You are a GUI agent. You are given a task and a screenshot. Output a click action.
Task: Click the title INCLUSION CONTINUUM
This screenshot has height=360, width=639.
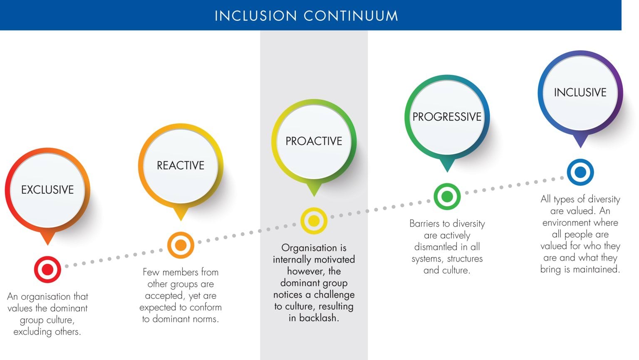pos(306,16)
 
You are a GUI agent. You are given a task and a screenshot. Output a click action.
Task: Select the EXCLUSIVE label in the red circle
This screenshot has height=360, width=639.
pos(47,190)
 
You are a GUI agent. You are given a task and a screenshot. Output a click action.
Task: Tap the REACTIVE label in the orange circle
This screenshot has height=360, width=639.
pos(181,165)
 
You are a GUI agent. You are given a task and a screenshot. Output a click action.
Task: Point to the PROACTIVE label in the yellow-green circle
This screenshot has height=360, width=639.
pos(314,141)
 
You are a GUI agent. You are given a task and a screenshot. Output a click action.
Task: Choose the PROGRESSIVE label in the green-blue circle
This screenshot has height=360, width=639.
pos(447,117)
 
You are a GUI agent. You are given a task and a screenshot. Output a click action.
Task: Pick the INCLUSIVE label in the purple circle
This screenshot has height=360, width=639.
pos(580,92)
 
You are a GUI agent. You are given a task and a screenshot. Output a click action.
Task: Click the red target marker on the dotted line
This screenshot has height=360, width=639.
pos(47,269)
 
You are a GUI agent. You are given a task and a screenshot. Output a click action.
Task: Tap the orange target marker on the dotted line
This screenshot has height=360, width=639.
pos(181,245)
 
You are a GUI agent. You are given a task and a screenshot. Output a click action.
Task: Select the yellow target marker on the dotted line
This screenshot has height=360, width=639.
pos(314,221)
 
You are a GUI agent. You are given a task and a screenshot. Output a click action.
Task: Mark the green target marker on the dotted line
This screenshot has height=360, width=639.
pos(447,197)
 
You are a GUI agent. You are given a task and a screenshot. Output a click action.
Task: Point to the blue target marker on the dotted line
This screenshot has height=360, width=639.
pos(580,172)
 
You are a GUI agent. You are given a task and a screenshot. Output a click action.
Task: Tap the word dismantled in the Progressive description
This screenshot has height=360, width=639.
pos(436,247)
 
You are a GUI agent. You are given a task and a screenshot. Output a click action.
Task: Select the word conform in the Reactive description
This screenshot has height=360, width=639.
pos(206,308)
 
